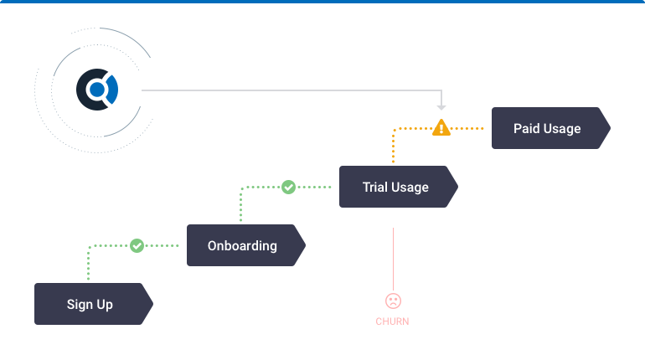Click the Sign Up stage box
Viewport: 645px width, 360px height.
coord(94,304)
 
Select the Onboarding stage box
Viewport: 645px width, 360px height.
coord(246,245)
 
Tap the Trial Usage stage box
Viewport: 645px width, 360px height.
coord(399,187)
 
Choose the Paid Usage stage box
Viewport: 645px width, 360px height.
coord(551,128)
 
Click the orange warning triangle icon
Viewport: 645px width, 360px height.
coord(441,128)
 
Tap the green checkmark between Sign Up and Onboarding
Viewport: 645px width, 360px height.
coord(137,246)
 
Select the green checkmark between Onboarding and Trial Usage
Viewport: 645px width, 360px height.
coord(288,187)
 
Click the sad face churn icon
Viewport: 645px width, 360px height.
coord(393,301)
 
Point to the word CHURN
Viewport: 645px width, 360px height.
coord(392,321)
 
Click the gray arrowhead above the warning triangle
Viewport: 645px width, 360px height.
coord(441,108)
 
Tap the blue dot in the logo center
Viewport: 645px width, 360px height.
coord(97,90)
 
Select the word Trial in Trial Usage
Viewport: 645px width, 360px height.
coord(374,187)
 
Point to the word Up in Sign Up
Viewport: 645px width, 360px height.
coord(105,305)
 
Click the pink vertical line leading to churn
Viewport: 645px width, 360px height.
coord(393,260)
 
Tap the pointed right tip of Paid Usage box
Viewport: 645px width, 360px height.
coord(611,128)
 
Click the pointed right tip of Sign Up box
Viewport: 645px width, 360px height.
coord(153,304)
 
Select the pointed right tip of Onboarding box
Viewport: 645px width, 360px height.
coord(306,245)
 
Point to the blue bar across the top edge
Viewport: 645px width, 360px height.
coord(322,2)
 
